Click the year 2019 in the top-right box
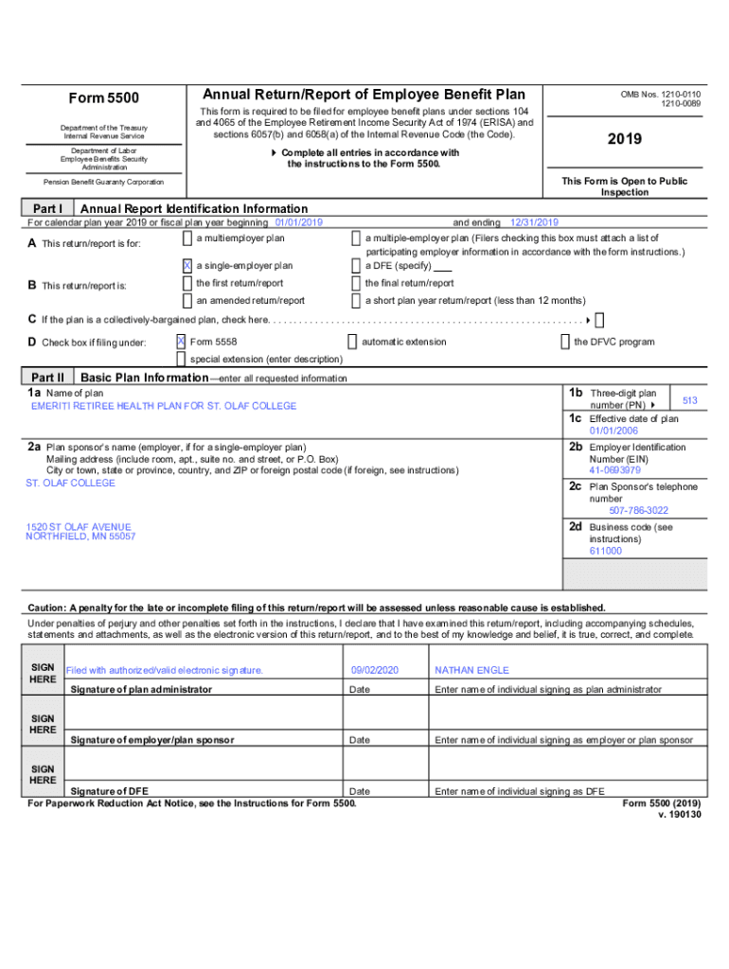625,139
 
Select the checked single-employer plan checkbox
187,266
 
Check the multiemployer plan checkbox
187,238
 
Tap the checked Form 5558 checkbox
181,342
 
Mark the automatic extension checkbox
352,342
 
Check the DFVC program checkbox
565,342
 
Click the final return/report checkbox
357,283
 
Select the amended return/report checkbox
187,300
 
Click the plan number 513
689,401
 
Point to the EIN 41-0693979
614,470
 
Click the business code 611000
605,551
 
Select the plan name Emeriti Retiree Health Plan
164,406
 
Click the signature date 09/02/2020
375,670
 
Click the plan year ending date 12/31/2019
535,222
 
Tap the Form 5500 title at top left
104,98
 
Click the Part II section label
47,377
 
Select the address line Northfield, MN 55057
80,537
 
